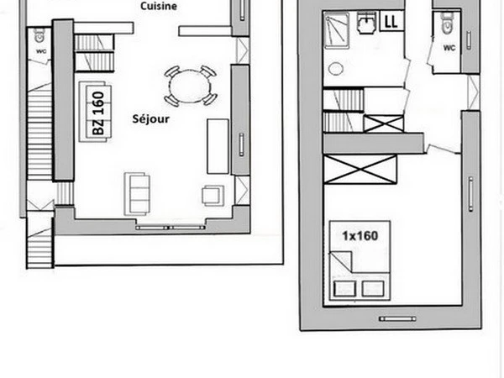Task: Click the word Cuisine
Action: [159, 6]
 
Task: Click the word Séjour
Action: [150, 119]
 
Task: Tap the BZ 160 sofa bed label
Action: [98, 113]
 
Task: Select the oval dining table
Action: [190, 87]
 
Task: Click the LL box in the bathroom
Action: [391, 21]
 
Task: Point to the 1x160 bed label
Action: [360, 236]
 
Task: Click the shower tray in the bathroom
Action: [336, 30]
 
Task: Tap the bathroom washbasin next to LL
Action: [366, 24]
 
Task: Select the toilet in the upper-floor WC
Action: [447, 24]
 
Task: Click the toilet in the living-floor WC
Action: [39, 35]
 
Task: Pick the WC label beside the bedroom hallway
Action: [449, 48]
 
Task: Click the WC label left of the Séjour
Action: [41, 51]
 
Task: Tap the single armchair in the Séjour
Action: [213, 196]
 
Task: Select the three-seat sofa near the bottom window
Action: [137, 194]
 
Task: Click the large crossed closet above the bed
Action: [360, 169]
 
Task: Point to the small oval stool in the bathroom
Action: [336, 69]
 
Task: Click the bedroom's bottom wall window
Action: [397, 319]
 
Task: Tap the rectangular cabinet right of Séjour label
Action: [218, 146]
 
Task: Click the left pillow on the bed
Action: [345, 289]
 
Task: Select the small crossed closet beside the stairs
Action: [384, 123]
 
